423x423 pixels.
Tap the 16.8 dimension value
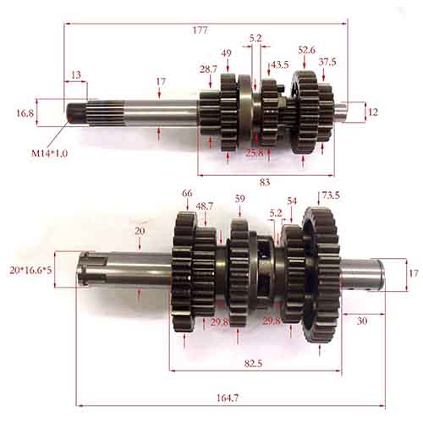point(25,112)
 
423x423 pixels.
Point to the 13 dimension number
point(76,74)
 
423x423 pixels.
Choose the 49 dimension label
point(227,52)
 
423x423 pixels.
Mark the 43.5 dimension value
point(280,64)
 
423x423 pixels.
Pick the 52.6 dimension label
point(306,50)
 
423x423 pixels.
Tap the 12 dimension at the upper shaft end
point(373,112)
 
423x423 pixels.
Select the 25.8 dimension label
point(254,152)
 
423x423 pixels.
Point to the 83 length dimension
point(265,182)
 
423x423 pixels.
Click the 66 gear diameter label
point(187,194)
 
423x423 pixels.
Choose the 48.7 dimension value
point(205,206)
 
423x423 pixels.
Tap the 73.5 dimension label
point(330,195)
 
